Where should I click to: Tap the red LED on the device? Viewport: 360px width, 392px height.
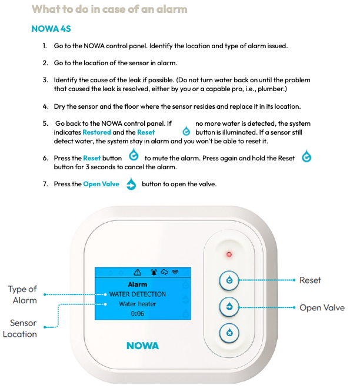coord(229,254)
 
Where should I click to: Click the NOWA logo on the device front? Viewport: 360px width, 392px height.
coord(142,346)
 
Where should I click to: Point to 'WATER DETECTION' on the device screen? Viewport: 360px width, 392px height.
coord(137,294)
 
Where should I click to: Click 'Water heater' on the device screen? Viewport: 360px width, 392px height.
coord(136,304)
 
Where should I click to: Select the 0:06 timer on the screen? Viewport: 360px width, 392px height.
coord(136,314)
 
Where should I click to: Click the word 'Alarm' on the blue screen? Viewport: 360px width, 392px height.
coord(137,284)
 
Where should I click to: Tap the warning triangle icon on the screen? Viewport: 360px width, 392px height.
coord(138,272)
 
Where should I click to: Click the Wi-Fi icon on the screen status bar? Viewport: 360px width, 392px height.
coord(174,272)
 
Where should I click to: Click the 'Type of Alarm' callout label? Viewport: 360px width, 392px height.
coord(22,294)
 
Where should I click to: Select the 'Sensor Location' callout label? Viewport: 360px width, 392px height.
coord(20,329)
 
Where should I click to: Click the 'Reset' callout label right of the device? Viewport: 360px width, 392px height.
coord(310,280)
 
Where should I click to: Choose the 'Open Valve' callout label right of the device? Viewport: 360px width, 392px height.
coord(322,307)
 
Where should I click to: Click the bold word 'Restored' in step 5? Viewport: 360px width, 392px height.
coord(96,132)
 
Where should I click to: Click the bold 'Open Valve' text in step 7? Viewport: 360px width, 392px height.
coord(101,184)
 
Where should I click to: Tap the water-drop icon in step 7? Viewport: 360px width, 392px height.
coord(131,184)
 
